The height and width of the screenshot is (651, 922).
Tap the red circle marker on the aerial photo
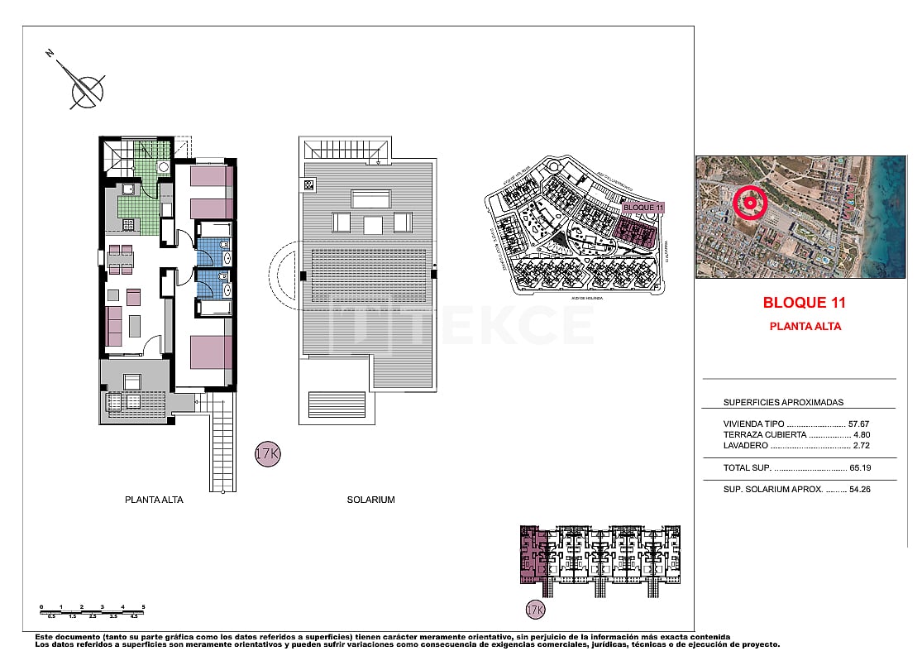750,203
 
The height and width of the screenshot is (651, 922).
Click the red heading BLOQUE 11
804,303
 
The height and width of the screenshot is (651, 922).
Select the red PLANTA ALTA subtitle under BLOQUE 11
805,327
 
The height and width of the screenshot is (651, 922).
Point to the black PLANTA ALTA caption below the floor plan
154,500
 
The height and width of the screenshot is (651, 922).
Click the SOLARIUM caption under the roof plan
370,500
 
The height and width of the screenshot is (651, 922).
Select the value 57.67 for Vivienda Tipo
859,424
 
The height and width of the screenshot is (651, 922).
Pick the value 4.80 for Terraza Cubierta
861,434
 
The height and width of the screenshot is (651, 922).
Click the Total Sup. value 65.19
859,468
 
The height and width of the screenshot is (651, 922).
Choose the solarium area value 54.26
859,490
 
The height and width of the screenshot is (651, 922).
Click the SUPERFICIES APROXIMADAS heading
783,403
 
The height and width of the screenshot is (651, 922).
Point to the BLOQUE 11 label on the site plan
643,207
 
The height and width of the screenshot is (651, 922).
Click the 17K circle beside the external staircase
266,455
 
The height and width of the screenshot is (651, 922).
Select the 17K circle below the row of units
536,610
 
